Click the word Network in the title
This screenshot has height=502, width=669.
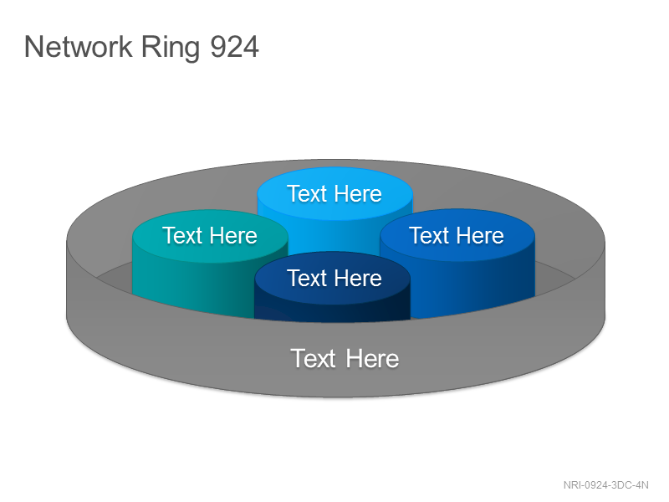tap(79, 47)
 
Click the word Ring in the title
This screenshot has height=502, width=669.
tap(171, 49)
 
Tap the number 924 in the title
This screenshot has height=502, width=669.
tap(235, 47)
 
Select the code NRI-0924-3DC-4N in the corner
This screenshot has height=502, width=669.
tap(605, 485)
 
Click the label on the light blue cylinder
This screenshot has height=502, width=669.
tap(334, 194)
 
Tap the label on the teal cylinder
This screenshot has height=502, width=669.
tap(210, 236)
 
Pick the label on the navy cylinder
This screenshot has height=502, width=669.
tap(334, 279)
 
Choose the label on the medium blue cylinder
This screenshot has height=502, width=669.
tap(457, 236)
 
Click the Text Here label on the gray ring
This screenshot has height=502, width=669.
tap(345, 358)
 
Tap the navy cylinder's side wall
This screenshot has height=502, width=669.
tap(332, 310)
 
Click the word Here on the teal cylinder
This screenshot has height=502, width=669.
tap(233, 236)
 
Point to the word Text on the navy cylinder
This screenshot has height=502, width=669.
tap(307, 279)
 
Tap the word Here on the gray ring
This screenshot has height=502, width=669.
tap(372, 358)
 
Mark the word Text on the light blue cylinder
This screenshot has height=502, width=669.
tap(307, 194)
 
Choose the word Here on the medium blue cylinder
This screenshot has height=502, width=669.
tap(480, 236)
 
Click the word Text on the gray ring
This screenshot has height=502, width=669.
tap(313, 358)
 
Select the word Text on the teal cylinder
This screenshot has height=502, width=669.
tap(182, 236)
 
